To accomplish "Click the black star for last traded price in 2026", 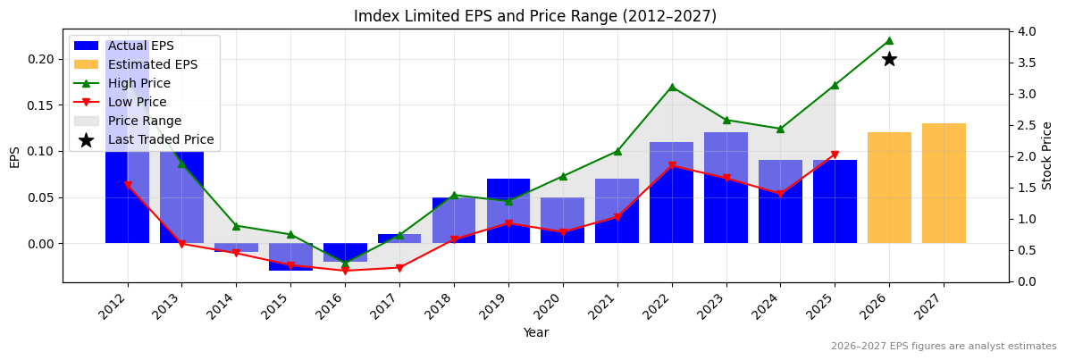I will point(889,59).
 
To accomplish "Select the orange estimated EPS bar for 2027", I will point(944,183).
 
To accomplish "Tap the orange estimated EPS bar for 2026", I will point(889,188).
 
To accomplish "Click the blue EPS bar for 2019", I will point(508,211).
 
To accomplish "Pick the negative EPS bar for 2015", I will point(290,256).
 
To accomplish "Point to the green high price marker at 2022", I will point(672,87).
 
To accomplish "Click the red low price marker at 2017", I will point(399,268).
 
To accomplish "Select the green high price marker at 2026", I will point(889,40).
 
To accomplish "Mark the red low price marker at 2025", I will point(835,155).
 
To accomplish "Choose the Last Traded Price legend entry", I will point(160,139).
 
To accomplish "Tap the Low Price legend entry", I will point(137,102).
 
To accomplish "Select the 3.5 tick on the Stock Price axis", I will point(1026,63).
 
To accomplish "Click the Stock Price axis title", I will point(1047,155).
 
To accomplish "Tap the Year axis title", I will point(536,333).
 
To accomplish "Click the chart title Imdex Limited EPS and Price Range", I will point(535,16).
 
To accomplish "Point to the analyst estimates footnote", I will point(944,347).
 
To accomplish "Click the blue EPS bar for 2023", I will point(726,188).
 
